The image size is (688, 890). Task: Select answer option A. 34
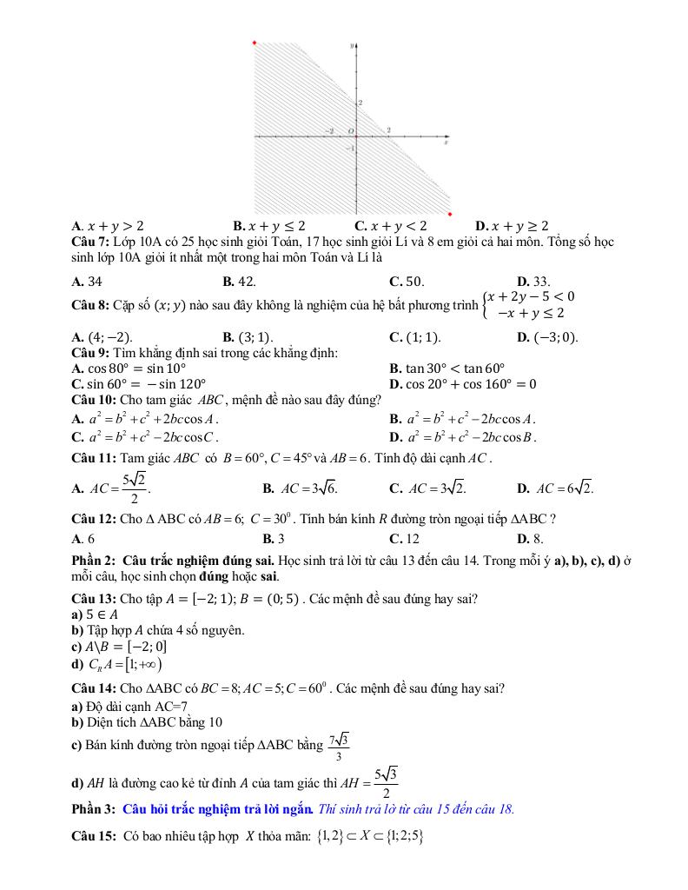tap(88, 281)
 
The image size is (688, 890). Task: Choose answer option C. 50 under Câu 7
tap(407, 281)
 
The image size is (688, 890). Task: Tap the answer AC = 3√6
tap(308, 488)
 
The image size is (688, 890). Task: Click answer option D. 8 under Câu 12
tap(530, 538)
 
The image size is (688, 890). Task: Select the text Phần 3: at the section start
tap(94, 809)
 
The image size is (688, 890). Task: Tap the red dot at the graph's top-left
tap(254, 42)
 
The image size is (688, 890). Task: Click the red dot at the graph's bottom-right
tap(450, 213)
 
